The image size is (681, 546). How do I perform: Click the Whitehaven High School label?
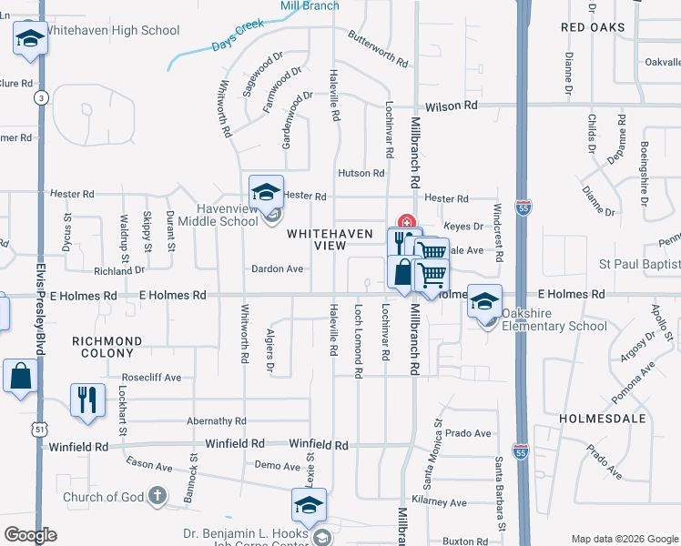112,31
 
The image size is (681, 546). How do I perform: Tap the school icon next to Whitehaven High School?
30,40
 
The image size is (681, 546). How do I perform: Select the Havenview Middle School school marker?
267,193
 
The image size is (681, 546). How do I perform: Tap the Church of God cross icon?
158,497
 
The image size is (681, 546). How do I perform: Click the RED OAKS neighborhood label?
593,27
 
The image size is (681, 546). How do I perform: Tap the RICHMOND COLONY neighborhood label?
107,348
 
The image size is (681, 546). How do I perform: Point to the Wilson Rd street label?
456,106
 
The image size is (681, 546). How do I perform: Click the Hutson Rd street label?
361,173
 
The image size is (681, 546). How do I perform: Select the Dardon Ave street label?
278,269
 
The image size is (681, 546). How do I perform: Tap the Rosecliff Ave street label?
152,377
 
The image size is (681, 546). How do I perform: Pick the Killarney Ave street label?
439,502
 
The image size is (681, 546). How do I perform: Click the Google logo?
30,535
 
